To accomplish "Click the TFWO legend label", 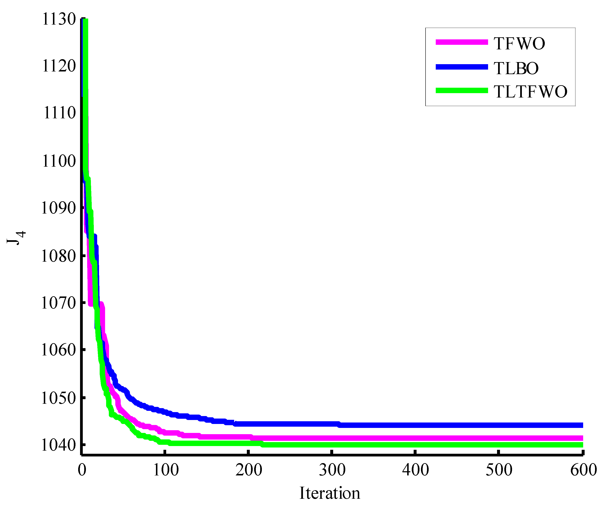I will pos(519,44).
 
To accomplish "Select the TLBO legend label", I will pos(516,68).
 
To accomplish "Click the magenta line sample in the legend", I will pos(461,42).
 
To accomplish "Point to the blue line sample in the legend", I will pos(461,67).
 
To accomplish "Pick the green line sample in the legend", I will pos(461,90).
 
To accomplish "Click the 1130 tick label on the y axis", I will pos(59,20).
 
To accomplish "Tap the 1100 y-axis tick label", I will pos(59,161).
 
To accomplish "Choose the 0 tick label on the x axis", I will pos(82,470).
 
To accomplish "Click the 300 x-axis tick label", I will pos(332,470).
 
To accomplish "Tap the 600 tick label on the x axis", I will pos(583,470).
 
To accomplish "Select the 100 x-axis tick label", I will pos(166,470).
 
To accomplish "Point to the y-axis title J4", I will pos(16,238).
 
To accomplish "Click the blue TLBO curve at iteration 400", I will pos(415,425).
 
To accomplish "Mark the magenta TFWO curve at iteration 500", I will pos(499,438).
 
